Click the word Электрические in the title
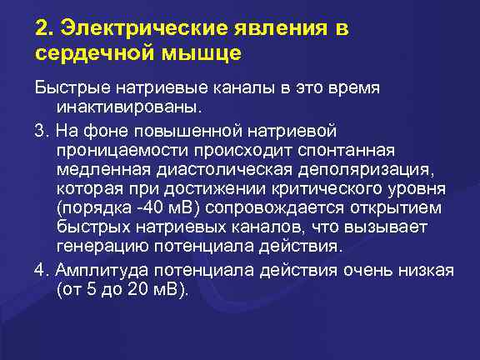(137, 29)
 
